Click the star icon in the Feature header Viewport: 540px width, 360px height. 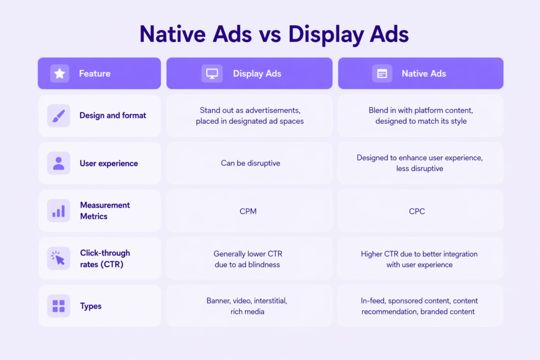pos(60,73)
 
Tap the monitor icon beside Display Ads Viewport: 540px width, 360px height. pos(212,74)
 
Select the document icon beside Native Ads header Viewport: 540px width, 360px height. pos(382,74)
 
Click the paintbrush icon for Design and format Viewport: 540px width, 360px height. pos(59,115)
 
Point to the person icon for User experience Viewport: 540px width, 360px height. pos(59,163)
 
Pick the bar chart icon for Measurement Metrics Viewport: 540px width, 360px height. pos(59,211)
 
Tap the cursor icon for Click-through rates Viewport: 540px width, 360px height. pos(58,258)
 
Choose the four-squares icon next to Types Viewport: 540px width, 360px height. pos(59,306)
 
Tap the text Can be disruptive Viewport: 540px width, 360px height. pos(250,163)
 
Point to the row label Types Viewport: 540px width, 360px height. pos(91,306)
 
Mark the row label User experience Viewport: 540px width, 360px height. pos(109,163)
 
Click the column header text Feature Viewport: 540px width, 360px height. pos(95,74)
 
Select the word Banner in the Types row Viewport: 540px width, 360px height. pos(218,301)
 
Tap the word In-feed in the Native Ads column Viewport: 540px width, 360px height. pos(373,301)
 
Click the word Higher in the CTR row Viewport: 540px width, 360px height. pos(372,254)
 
